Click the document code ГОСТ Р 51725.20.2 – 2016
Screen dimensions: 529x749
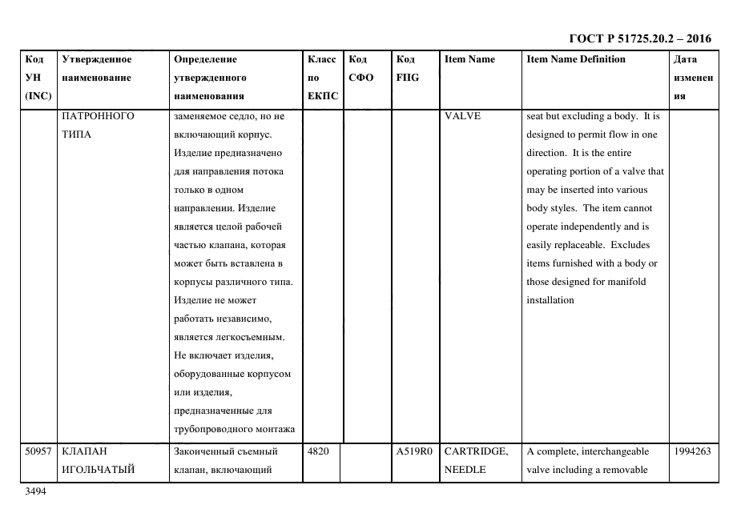639,38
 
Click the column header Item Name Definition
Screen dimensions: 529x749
575,59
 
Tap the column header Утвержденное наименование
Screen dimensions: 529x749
96,68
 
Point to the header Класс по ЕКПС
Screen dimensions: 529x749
322,78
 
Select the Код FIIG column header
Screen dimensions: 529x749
407,68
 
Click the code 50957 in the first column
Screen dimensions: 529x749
38,451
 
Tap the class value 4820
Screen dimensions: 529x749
318,451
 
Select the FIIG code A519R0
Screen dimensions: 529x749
413,451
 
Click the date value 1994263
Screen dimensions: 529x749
691,451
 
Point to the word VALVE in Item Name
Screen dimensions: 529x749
462,116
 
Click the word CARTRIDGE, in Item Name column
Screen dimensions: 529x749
476,451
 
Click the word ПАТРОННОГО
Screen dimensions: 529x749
98,116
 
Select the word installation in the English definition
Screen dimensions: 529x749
550,300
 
